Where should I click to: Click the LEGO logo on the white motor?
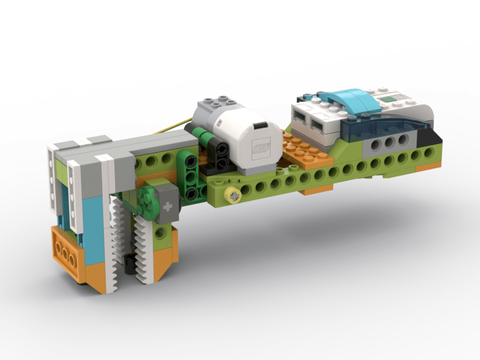click(x=262, y=146)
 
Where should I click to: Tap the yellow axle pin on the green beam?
click(x=232, y=194)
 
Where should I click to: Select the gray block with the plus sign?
click(x=167, y=206)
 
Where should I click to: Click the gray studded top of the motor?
click(x=217, y=105)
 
